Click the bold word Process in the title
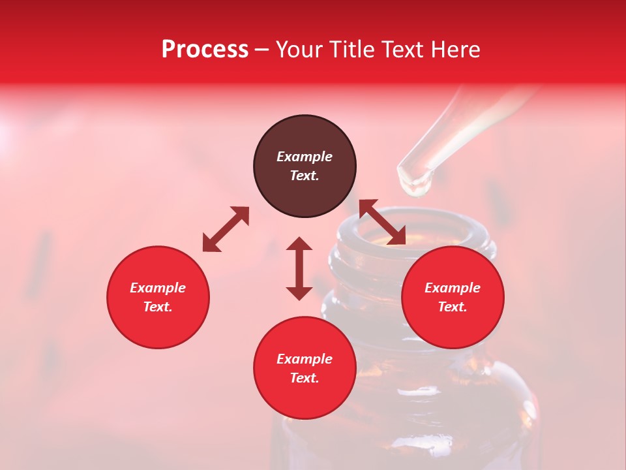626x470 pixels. [x=205, y=50]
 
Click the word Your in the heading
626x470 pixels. [x=301, y=50]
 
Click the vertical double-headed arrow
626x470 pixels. [x=299, y=268]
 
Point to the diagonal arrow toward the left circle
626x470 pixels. [x=226, y=229]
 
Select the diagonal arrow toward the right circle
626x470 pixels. [x=383, y=222]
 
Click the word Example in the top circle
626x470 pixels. [x=305, y=157]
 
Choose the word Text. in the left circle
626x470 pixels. [x=158, y=307]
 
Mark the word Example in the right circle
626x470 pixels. [x=453, y=288]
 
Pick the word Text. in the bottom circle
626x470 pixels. [x=305, y=378]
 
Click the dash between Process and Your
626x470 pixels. [x=261, y=50]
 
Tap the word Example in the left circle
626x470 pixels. [x=158, y=288]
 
